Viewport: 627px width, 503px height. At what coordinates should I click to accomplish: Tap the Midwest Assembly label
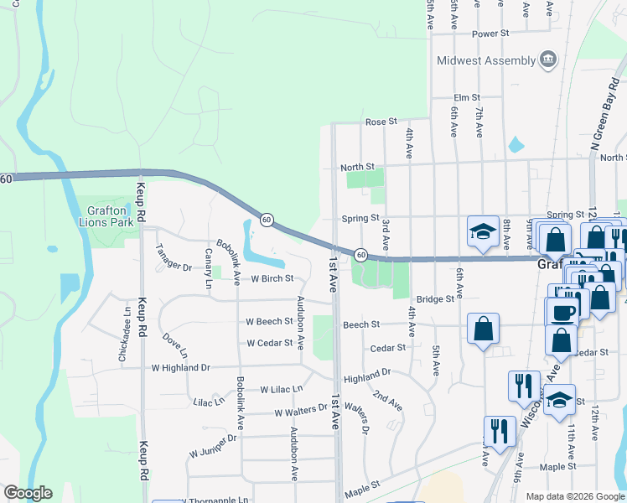click(x=485, y=60)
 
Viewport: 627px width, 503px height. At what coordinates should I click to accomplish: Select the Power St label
click(x=490, y=34)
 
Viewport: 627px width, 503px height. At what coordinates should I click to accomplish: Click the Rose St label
click(x=381, y=122)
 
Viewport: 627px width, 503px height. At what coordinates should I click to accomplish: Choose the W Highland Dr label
click(x=180, y=367)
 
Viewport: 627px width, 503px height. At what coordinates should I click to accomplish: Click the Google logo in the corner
click(x=28, y=493)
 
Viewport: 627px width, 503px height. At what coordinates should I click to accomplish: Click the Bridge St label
click(x=435, y=298)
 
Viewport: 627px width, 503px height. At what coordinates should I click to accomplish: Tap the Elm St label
click(x=466, y=98)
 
